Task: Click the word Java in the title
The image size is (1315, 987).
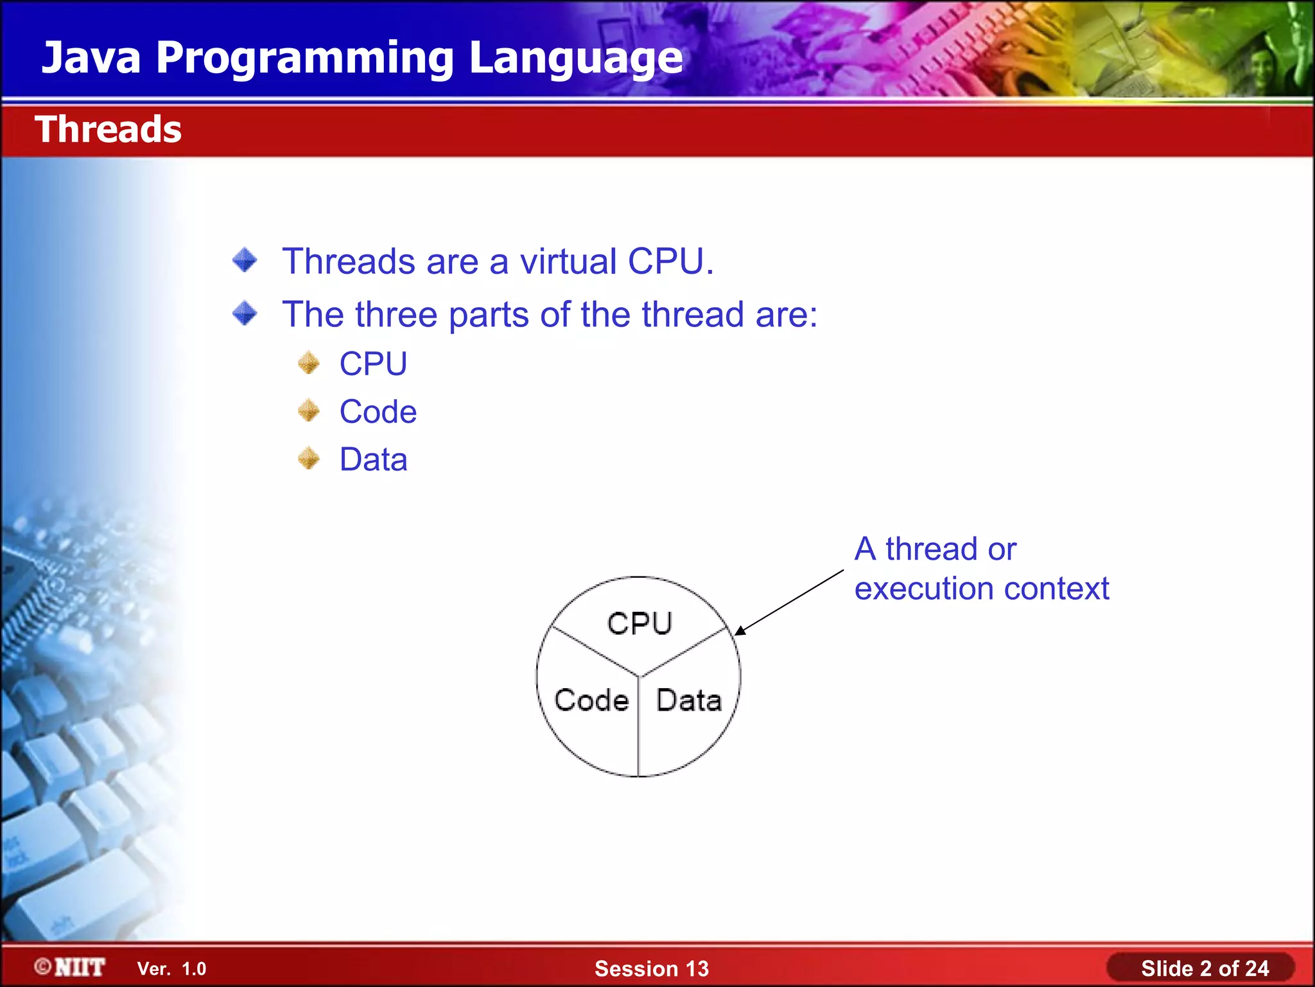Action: click(x=91, y=58)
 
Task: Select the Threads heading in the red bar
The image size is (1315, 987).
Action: click(x=108, y=129)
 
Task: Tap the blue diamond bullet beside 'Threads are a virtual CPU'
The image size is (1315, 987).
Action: click(x=245, y=260)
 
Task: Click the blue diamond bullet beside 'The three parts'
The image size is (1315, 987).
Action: click(x=245, y=314)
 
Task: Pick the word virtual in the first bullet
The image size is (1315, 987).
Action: click(x=568, y=262)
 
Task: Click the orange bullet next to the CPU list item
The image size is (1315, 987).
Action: click(x=309, y=363)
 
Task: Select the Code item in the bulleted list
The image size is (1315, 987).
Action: click(x=378, y=411)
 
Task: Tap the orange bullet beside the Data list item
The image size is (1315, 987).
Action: click(x=309, y=459)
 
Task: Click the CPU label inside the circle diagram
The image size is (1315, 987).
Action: click(x=640, y=623)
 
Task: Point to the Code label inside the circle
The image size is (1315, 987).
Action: click(x=591, y=700)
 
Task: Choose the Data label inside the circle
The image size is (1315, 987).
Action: click(x=688, y=700)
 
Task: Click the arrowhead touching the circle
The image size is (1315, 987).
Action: click(x=740, y=630)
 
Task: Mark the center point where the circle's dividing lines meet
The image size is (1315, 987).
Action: click(x=639, y=676)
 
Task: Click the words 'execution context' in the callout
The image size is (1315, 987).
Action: click(x=981, y=589)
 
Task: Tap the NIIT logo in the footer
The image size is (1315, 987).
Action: click(x=70, y=967)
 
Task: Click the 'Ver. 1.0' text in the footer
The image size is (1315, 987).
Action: click(x=171, y=968)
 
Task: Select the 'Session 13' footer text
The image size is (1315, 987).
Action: click(x=651, y=968)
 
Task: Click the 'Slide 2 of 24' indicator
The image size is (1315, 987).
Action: click(x=1204, y=968)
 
